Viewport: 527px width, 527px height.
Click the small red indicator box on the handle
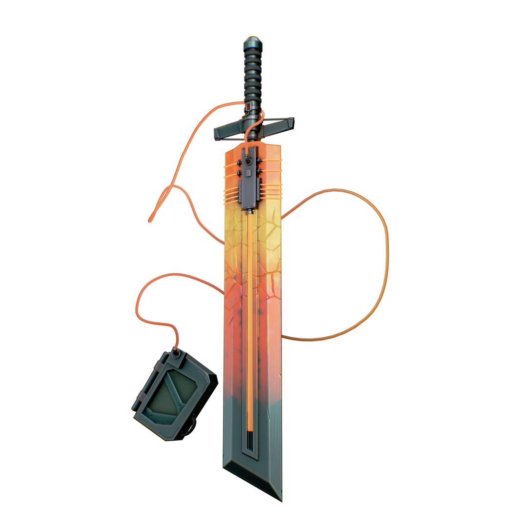click(x=249, y=106)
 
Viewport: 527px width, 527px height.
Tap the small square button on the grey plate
click(x=248, y=172)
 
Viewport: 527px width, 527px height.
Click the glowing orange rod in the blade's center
click(x=250, y=317)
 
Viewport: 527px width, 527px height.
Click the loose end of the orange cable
click(x=150, y=221)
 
